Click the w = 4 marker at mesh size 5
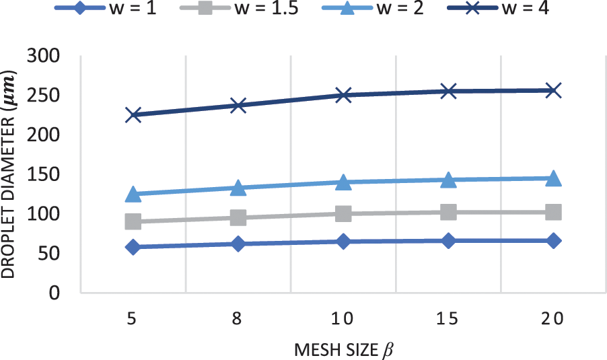[133, 115]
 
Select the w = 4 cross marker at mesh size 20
[553, 90]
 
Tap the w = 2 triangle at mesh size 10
[343, 182]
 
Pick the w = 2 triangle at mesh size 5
[133, 194]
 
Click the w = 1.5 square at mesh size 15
[448, 213]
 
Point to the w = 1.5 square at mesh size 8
[238, 218]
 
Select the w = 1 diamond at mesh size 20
[553, 241]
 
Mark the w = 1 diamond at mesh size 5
[133, 247]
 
